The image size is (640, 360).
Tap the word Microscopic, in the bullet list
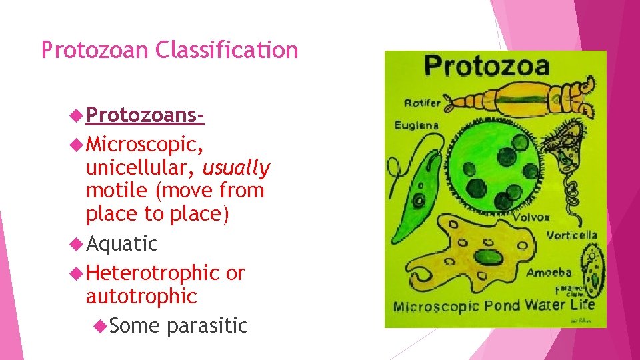pyautogui.click(x=145, y=144)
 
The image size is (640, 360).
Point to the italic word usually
pyautogui.click(x=237, y=168)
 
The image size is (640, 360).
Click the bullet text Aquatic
pyautogui.click(x=122, y=244)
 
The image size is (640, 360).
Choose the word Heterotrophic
pyautogui.click(x=153, y=273)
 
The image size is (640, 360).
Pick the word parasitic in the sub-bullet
pyautogui.click(x=207, y=325)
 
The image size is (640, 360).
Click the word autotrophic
pyautogui.click(x=141, y=296)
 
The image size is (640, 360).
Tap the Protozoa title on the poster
pyautogui.click(x=487, y=66)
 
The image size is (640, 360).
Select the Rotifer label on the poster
pyautogui.click(x=422, y=103)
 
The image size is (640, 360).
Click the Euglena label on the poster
pyautogui.click(x=416, y=125)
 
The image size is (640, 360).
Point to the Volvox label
pyautogui.click(x=531, y=217)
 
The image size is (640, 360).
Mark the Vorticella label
pyautogui.click(x=571, y=235)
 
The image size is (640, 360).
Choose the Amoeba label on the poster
pyautogui.click(x=549, y=272)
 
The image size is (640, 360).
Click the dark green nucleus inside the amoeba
pyautogui.click(x=489, y=257)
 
